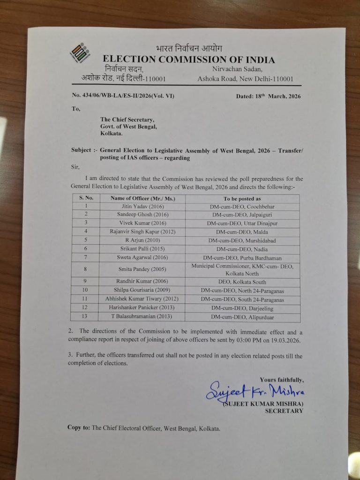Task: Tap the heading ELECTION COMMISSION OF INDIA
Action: pos(188,60)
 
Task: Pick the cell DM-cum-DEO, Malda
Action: pos(242,232)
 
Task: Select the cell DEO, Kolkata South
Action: pos(242,282)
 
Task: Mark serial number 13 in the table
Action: pos(85,317)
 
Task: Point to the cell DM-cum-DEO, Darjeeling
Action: pos(242,308)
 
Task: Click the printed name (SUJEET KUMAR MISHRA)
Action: pos(263,404)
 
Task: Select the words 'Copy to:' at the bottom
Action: pos(79,427)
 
